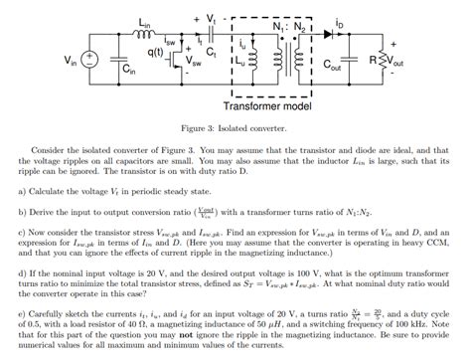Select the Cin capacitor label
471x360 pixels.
(128, 71)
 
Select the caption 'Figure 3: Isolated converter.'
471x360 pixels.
(235, 127)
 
